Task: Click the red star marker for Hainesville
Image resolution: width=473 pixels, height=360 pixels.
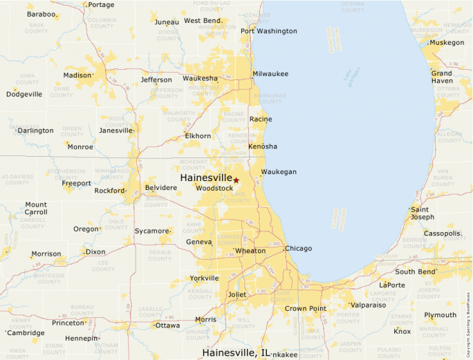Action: (236, 180)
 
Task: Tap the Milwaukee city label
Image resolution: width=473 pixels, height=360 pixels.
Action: (270, 74)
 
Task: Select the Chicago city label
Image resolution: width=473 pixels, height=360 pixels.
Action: (299, 248)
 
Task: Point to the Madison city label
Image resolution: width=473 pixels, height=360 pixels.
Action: (77, 75)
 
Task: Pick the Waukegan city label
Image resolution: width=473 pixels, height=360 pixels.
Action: (279, 172)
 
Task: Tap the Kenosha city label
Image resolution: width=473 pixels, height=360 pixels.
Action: (263, 146)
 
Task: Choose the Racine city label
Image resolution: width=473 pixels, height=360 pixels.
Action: (261, 119)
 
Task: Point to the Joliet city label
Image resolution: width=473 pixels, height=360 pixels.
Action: (237, 294)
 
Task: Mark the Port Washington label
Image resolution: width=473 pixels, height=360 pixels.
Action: (269, 31)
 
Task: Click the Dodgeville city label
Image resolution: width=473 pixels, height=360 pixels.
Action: (24, 94)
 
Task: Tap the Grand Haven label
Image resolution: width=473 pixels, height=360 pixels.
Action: (442, 77)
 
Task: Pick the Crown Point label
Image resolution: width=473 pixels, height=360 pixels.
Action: (306, 308)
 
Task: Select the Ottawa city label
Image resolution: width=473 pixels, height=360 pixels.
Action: (167, 325)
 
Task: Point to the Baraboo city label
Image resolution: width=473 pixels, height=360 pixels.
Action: (41, 14)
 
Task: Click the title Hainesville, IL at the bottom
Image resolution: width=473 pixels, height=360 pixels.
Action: (236, 352)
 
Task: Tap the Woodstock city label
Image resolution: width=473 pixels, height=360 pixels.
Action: (214, 188)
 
